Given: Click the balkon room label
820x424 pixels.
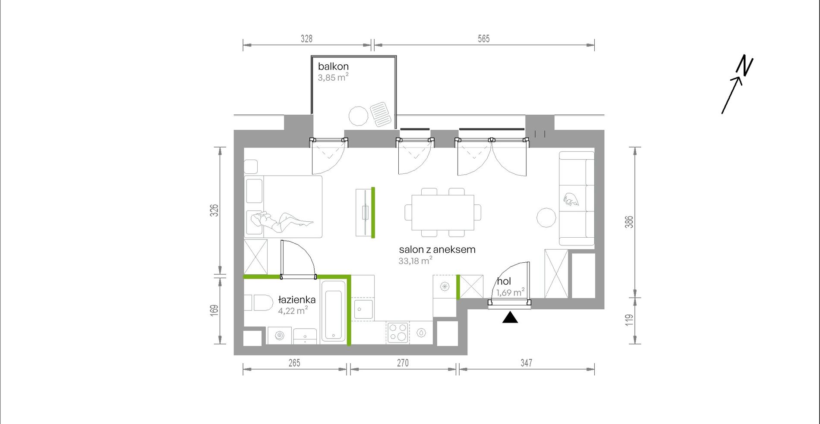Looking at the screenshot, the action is [333, 66].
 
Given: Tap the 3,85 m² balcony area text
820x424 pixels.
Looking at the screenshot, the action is [333, 78].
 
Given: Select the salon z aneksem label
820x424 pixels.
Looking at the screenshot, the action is [437, 249].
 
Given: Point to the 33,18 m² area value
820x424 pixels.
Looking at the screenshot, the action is [415, 261].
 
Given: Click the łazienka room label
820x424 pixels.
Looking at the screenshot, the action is [297, 299].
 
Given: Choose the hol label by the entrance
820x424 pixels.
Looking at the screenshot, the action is [504, 281].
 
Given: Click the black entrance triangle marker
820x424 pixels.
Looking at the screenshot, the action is [510, 317].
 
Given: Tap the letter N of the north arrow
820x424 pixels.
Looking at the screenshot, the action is [745, 66].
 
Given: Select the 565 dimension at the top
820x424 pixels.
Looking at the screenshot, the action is [484, 39].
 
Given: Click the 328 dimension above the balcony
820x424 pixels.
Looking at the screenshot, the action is [306, 39].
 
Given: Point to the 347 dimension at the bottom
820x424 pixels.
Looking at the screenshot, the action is [526, 363].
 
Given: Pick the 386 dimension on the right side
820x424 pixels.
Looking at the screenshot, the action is [629, 222].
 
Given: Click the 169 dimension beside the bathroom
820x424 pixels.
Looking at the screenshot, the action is [214, 310].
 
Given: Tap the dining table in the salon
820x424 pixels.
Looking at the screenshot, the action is [443, 213].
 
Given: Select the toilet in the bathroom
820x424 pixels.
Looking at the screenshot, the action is [259, 303].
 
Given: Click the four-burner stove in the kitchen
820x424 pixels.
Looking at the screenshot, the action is [398, 333].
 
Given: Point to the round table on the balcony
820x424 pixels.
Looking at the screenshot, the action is [358, 116].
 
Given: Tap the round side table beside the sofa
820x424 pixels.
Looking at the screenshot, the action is [546, 218].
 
